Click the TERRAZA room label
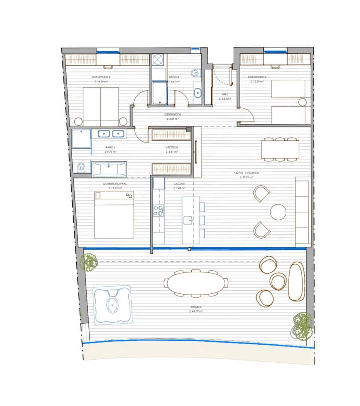pyautogui.click(x=196, y=307)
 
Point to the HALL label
pyautogui.click(x=225, y=95)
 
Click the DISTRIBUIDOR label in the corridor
pyautogui.click(x=173, y=115)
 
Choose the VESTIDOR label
pyautogui.click(x=172, y=147)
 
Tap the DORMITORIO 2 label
pyautogui.click(x=101, y=77)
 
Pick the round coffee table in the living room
pyautogui.click(x=278, y=212)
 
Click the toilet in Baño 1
pyautogui.click(x=81, y=168)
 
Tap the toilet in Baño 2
pyautogui.click(x=195, y=73)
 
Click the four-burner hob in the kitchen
pyautogui.click(x=159, y=211)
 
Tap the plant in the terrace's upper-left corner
pyautogui.click(x=90, y=261)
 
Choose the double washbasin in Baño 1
pyautogui.click(x=111, y=133)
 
